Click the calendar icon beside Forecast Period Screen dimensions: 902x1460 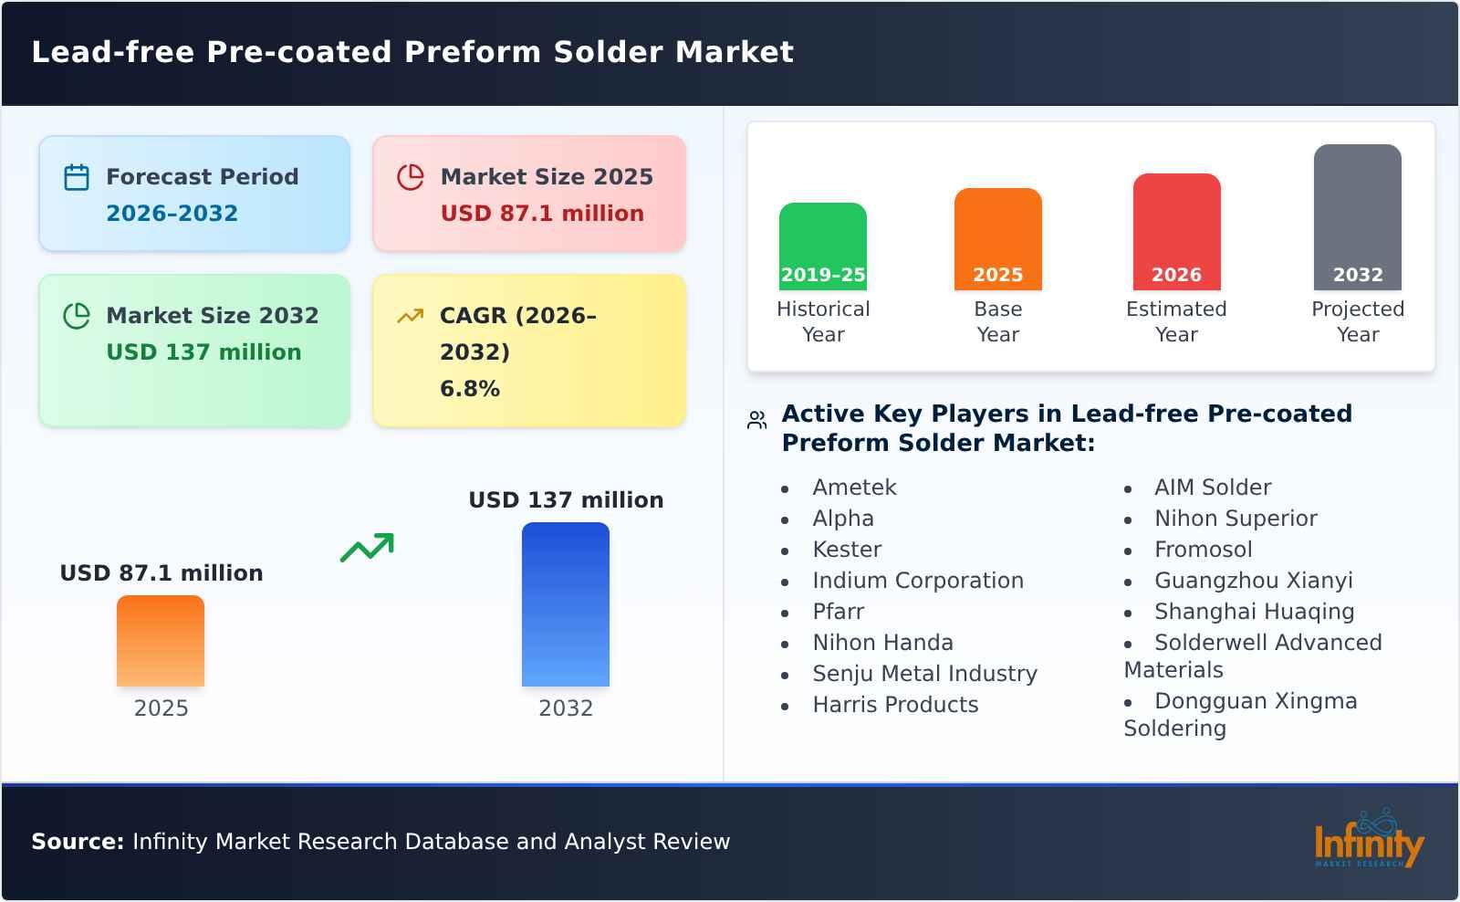(77, 177)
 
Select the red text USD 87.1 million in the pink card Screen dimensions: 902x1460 (542, 214)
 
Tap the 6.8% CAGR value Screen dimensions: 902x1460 (469, 389)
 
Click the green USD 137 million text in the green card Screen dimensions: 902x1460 (203, 352)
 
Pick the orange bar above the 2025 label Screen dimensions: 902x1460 (161, 641)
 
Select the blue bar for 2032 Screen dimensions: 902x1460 (565, 604)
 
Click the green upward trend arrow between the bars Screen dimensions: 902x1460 (367, 548)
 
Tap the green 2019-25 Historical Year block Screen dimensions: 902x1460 (822, 246)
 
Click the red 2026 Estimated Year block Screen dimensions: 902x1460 (1176, 232)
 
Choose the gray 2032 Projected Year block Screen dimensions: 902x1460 (1357, 217)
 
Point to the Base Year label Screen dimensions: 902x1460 (997, 321)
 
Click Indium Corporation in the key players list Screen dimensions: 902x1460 (917, 581)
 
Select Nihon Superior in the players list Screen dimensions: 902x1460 (1236, 519)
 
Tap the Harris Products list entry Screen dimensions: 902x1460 (894, 705)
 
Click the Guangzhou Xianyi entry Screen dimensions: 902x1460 (1253, 581)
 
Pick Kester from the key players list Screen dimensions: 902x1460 (847, 550)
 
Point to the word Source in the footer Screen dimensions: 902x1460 (77, 842)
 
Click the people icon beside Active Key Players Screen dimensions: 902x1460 (756, 420)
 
